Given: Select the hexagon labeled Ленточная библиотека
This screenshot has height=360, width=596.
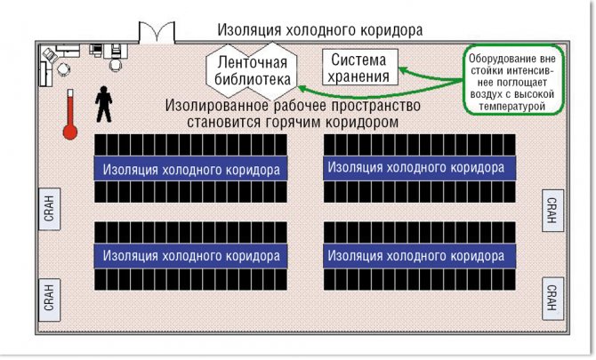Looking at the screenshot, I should coord(251,71).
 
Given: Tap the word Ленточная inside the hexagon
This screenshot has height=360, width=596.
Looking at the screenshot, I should coord(251,62).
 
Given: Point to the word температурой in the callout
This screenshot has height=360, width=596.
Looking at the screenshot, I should coord(509,106).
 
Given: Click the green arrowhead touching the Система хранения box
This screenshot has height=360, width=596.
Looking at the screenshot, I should coord(403,69).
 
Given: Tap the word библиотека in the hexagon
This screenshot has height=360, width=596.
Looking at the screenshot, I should coord(251,79).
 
